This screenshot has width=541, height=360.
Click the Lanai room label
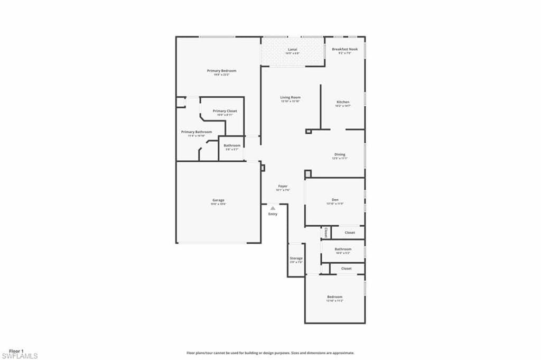(x=292, y=49)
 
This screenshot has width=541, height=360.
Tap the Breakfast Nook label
(x=344, y=49)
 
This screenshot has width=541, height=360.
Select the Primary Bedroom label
(x=221, y=71)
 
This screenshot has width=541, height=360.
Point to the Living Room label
(x=290, y=98)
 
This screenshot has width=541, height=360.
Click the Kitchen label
(x=343, y=102)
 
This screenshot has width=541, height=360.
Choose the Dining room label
(x=339, y=155)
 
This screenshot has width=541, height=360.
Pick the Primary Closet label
(x=225, y=111)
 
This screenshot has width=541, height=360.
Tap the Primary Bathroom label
(x=197, y=132)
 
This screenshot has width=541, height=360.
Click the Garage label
(x=218, y=200)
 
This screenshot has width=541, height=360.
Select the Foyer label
(x=283, y=187)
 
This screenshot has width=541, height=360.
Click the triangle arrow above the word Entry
(x=273, y=208)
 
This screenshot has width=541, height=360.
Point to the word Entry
(x=273, y=214)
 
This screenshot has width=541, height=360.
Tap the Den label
(x=335, y=200)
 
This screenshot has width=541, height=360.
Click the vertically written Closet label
(x=325, y=232)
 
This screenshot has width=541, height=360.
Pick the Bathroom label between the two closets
(x=343, y=249)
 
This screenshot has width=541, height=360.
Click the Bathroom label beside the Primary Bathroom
(x=232, y=145)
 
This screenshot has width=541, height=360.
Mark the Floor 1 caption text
(x=16, y=350)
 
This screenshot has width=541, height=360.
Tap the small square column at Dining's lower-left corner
(x=308, y=173)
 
